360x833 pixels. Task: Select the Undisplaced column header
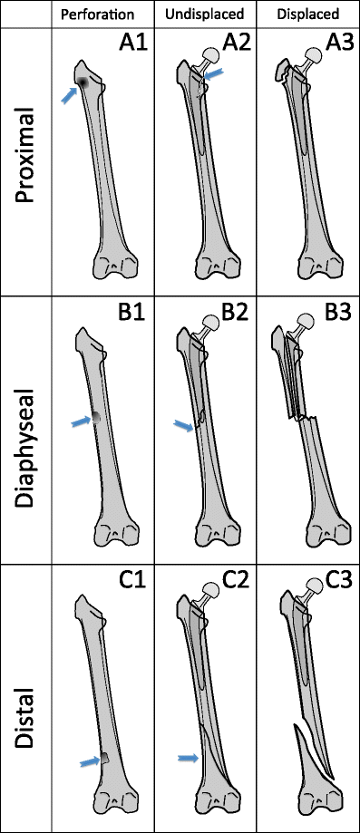202,15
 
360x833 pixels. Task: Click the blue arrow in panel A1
69,94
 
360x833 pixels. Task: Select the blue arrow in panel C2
188,758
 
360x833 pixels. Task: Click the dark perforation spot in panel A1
83,82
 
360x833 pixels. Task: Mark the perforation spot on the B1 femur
95,417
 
